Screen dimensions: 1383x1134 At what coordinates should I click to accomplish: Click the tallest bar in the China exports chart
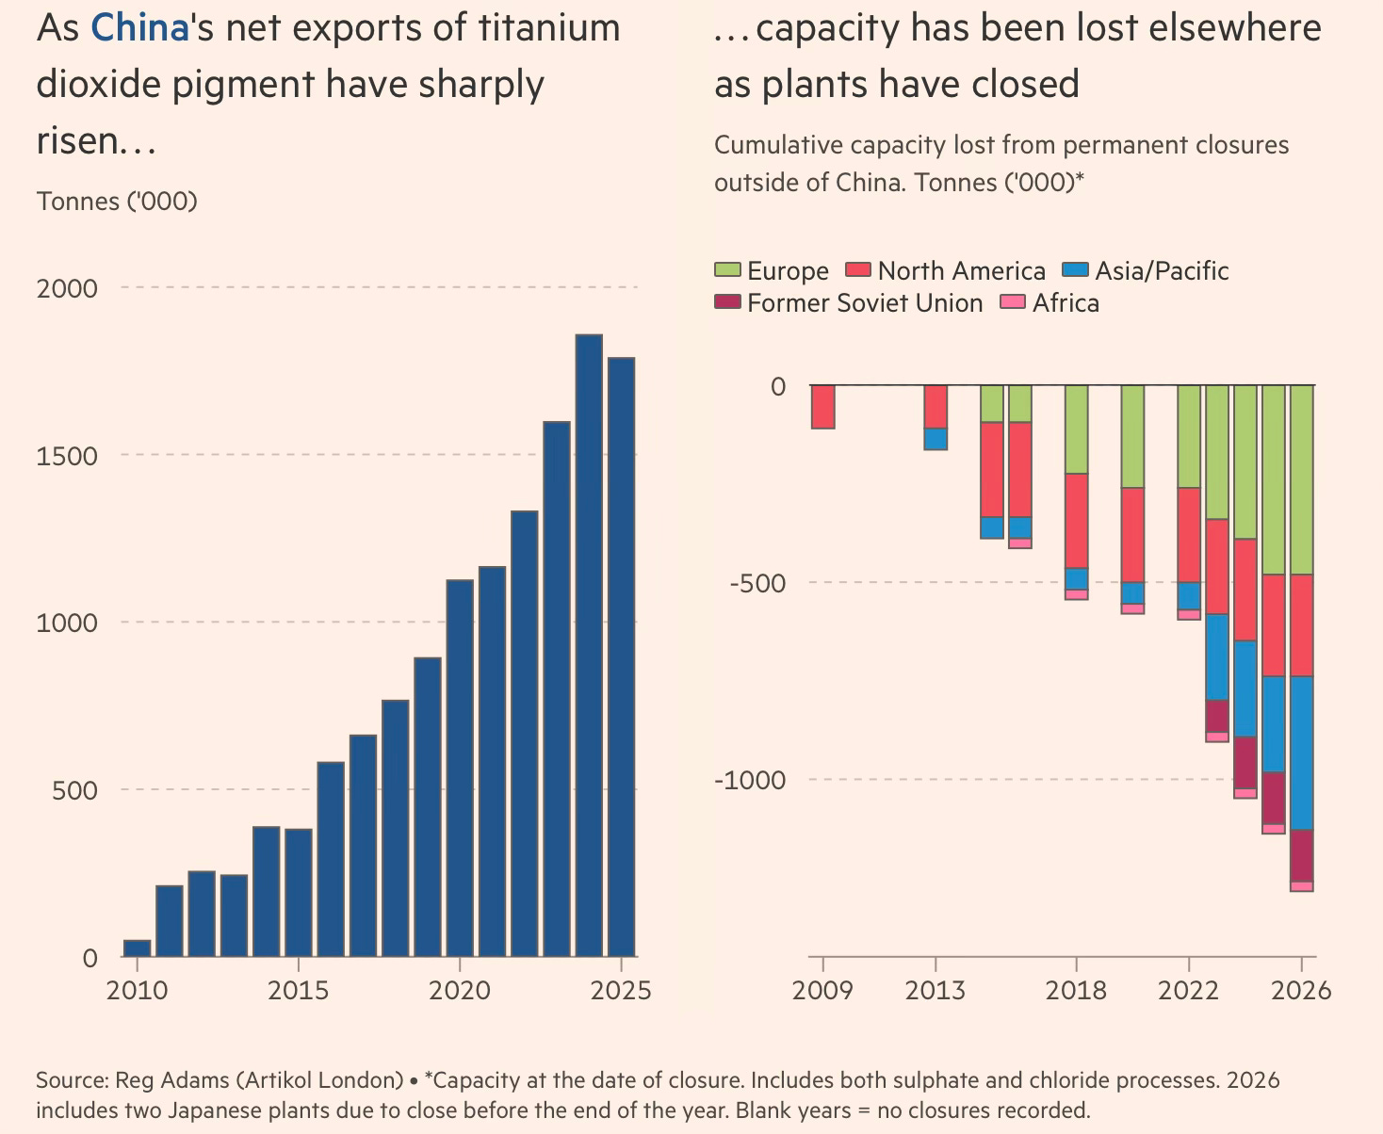(x=588, y=646)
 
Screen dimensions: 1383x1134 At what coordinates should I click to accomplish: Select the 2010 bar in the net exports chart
(x=137, y=948)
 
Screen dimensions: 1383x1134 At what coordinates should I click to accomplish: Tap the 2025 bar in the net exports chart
(x=621, y=656)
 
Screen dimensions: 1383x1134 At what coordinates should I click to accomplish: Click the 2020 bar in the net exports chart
(x=460, y=769)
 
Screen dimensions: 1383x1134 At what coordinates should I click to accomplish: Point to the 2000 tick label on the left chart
(x=67, y=288)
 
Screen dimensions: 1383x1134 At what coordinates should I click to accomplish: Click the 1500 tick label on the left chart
(x=67, y=456)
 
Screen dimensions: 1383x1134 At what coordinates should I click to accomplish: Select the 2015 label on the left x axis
(x=299, y=990)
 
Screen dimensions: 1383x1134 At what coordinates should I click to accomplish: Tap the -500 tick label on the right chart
(x=757, y=583)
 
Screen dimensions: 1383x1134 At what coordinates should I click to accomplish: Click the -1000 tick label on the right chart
(x=750, y=780)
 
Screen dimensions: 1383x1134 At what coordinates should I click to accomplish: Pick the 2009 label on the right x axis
(x=822, y=990)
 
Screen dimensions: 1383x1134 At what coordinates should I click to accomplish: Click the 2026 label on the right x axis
(x=1301, y=990)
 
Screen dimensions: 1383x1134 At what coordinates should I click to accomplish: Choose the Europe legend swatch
(x=727, y=269)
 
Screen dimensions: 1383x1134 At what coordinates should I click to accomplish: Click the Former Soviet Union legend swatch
(x=727, y=301)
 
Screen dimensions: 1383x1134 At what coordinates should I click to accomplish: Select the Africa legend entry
(x=1049, y=303)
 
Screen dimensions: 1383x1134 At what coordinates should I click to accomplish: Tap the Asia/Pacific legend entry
(x=1146, y=270)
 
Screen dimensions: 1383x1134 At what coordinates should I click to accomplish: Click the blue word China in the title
(x=139, y=27)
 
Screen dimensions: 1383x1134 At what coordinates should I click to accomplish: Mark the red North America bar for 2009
(x=823, y=406)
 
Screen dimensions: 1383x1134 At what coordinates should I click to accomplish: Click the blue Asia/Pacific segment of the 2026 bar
(x=1302, y=753)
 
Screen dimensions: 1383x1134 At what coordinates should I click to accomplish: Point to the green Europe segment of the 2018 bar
(x=1076, y=429)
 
